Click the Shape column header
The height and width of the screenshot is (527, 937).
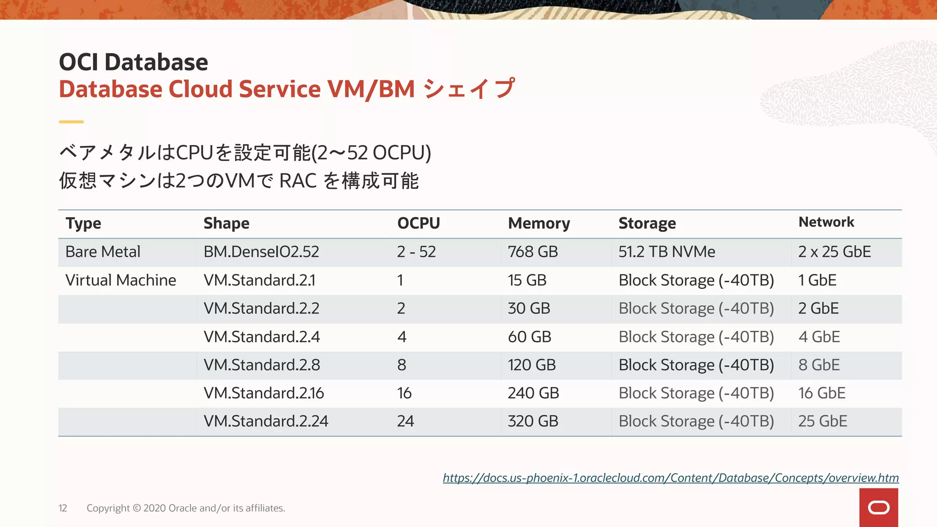pos(226,223)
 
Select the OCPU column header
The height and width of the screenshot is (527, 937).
pos(418,223)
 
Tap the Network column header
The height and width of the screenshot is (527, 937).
pos(826,222)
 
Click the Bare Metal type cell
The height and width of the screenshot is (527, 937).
pos(103,252)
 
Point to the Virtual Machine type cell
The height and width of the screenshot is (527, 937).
pos(121,280)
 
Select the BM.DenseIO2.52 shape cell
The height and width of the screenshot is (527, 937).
pos(261,252)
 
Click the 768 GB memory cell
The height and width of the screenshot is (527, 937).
pos(533,252)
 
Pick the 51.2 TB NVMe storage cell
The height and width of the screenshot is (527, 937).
pos(667,252)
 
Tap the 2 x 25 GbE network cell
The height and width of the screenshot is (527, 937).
pos(834,252)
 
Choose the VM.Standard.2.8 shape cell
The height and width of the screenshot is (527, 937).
pos(262,365)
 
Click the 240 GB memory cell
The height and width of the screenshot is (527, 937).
pos(533,393)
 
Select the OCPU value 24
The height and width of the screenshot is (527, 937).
pos(405,421)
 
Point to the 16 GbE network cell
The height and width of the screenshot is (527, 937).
pos(822,393)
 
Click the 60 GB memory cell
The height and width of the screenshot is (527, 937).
pos(529,337)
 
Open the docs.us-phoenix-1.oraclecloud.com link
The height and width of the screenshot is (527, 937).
pos(670,478)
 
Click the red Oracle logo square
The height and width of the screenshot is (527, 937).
pos(878,507)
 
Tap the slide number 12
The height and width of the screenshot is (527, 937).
pos(63,508)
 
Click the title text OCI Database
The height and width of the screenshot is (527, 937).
pos(134,62)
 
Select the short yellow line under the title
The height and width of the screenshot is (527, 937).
pos(71,122)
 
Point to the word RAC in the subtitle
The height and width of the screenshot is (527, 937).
pos(298,181)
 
